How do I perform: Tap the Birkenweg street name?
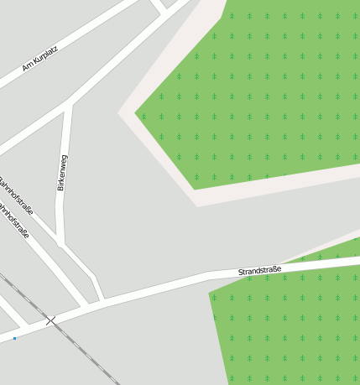tap(61, 173)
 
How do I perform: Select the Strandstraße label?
tap(259, 270)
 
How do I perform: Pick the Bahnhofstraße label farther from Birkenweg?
tap(15, 221)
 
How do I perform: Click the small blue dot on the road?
tap(14, 338)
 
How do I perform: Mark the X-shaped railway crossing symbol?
tap(51, 320)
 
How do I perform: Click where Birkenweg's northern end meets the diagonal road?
tap(69, 105)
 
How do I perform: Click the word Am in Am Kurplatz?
tap(27, 66)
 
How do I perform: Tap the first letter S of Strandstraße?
tap(241, 273)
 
